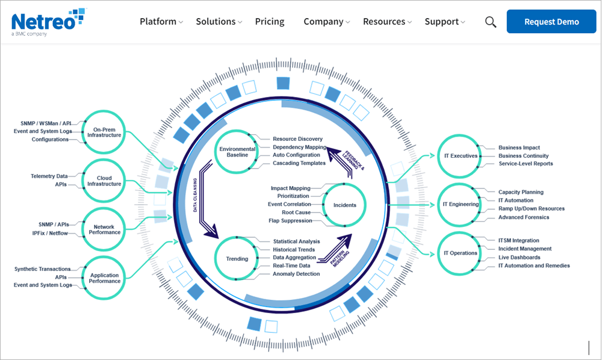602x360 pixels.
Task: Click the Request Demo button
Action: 551,22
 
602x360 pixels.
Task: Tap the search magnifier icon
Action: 491,22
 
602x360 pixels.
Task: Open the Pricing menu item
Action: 270,22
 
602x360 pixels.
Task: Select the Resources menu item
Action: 384,22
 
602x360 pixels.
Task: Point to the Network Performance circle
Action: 105,229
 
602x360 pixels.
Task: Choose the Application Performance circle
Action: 105,278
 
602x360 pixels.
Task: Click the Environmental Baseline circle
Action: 237,152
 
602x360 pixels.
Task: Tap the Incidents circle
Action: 345,205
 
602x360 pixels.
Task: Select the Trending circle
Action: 237,259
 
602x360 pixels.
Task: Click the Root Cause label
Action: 296,213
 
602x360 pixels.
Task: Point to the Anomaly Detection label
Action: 296,274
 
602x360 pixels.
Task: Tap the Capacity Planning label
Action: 521,192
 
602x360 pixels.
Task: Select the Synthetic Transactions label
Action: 42,269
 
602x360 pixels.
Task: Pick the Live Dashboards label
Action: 520,257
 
